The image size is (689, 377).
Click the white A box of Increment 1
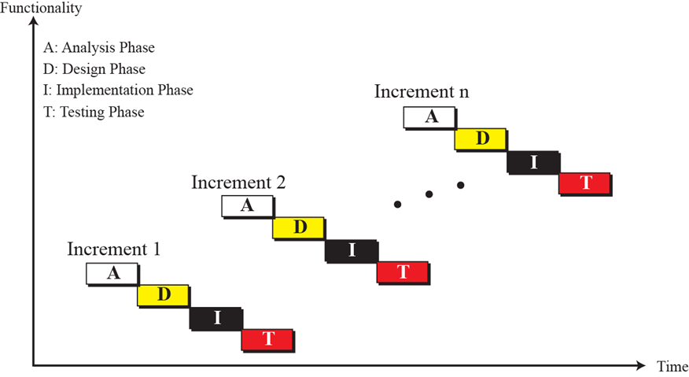112,273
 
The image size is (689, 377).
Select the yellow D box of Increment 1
164,295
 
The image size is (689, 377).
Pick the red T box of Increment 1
268,339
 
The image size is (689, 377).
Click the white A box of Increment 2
247,205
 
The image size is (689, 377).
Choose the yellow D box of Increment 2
299,227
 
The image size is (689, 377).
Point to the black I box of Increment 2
352,250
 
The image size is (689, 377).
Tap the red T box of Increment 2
403,272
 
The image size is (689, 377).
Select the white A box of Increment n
429,116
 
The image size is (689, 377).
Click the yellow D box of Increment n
481,139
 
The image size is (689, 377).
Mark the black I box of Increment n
534,162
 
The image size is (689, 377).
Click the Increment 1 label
114,249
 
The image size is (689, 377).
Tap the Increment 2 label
238,183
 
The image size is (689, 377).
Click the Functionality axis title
41,9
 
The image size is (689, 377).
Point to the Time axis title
672,366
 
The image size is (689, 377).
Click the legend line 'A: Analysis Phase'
100,47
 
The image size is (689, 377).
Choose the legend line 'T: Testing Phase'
94,112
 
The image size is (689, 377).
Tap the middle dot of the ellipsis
429,194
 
